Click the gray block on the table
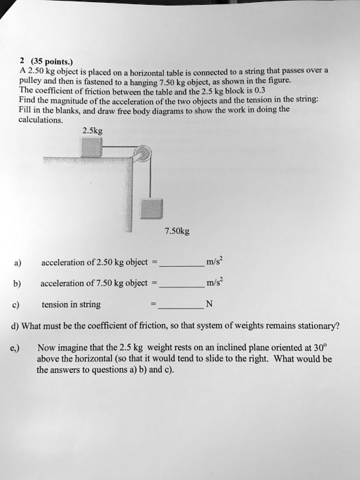(91, 147)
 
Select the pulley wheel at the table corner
(142, 155)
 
